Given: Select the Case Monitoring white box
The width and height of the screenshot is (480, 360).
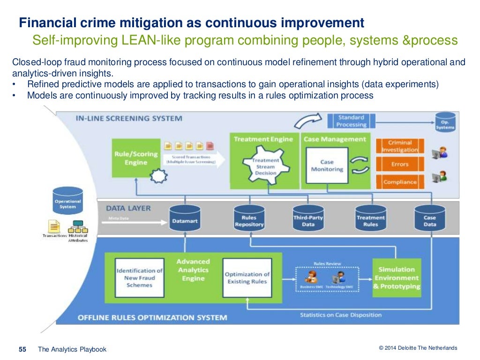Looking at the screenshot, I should (327, 165).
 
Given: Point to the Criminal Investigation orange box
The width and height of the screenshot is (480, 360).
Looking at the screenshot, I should (400, 146).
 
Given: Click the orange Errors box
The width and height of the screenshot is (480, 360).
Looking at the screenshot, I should (400, 164).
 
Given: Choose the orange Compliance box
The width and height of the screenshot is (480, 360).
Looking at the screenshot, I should (400, 182).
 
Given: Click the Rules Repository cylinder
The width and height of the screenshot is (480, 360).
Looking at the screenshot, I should (249, 218).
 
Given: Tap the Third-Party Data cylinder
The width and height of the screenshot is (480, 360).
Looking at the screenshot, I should (308, 218).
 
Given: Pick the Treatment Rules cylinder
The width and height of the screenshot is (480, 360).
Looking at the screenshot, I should (370, 218).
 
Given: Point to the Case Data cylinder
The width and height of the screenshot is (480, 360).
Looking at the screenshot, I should (429, 218).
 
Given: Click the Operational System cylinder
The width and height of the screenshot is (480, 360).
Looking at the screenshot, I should (68, 202).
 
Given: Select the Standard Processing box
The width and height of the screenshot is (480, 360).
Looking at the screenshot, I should (351, 121).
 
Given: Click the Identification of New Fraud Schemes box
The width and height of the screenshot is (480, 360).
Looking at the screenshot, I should (140, 277).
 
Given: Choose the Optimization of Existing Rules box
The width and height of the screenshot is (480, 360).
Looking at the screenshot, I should (247, 277).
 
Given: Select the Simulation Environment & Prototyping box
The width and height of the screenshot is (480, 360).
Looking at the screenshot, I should (397, 277).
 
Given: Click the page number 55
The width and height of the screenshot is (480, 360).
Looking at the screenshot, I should (22, 349).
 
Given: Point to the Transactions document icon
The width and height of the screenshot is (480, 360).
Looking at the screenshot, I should (55, 227).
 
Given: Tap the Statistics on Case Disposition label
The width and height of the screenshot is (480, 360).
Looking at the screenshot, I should (341, 315).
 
